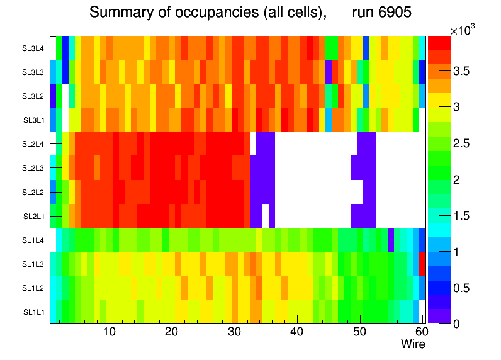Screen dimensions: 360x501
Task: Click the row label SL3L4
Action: click(33, 48)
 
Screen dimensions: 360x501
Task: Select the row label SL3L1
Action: click(33, 120)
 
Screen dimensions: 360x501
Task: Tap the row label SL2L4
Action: click(33, 144)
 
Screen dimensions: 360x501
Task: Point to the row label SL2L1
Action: click(33, 217)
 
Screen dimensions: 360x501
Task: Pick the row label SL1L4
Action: click(33, 240)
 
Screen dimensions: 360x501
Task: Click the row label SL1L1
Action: click(33, 312)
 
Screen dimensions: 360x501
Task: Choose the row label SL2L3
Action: click(33, 168)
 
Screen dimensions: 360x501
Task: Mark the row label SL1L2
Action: click(33, 288)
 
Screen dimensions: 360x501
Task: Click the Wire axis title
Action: click(413, 344)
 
